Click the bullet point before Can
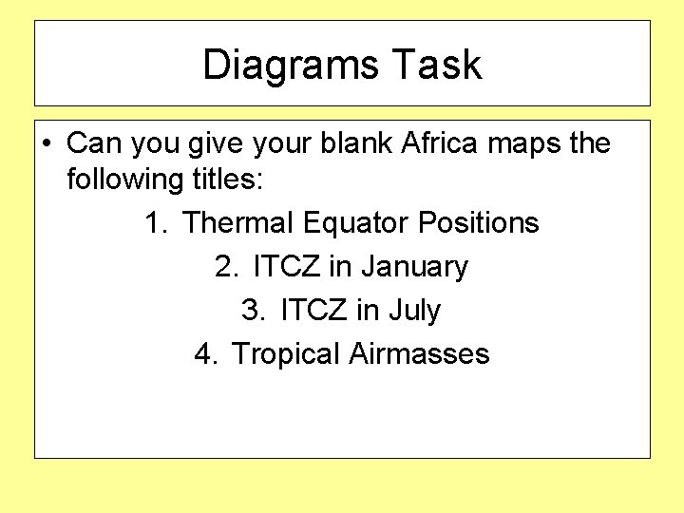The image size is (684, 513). [x=46, y=144]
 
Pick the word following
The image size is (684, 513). [x=125, y=179]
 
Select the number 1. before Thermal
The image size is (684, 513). [x=157, y=223]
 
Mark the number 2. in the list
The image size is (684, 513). [x=228, y=267]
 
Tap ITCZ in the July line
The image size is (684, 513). [x=313, y=311]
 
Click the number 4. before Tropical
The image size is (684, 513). [x=207, y=354]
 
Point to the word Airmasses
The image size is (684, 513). [x=419, y=354]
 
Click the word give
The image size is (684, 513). [x=217, y=144]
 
